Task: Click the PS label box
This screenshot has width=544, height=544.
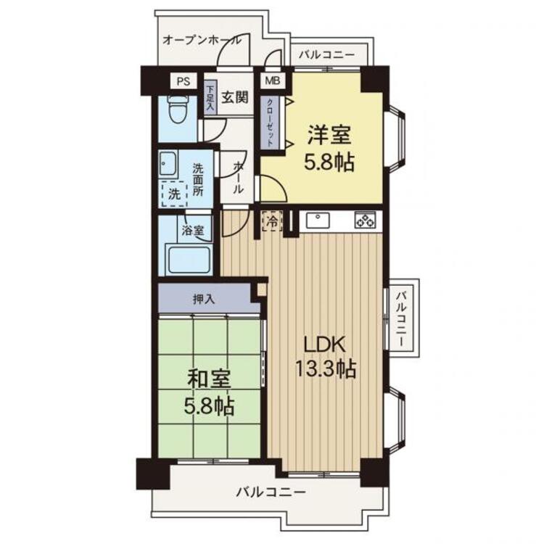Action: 184,81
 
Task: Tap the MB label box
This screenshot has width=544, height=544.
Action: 273,81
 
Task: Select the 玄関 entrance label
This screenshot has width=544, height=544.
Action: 235,97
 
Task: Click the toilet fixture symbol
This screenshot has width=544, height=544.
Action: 178,109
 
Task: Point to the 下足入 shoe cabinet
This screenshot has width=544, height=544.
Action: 210,97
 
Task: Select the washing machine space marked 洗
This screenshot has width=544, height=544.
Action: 175,194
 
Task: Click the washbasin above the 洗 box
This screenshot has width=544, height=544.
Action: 168,163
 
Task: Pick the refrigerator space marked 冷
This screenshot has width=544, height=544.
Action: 273,221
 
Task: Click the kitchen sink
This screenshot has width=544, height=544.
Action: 317,221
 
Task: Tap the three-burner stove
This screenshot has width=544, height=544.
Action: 365,220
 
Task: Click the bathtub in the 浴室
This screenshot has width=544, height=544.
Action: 189,259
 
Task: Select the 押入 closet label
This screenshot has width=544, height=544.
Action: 204,300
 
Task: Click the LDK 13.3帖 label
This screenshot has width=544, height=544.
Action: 326,357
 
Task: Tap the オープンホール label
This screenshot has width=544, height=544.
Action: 202,40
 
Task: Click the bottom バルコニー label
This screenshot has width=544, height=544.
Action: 271,492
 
